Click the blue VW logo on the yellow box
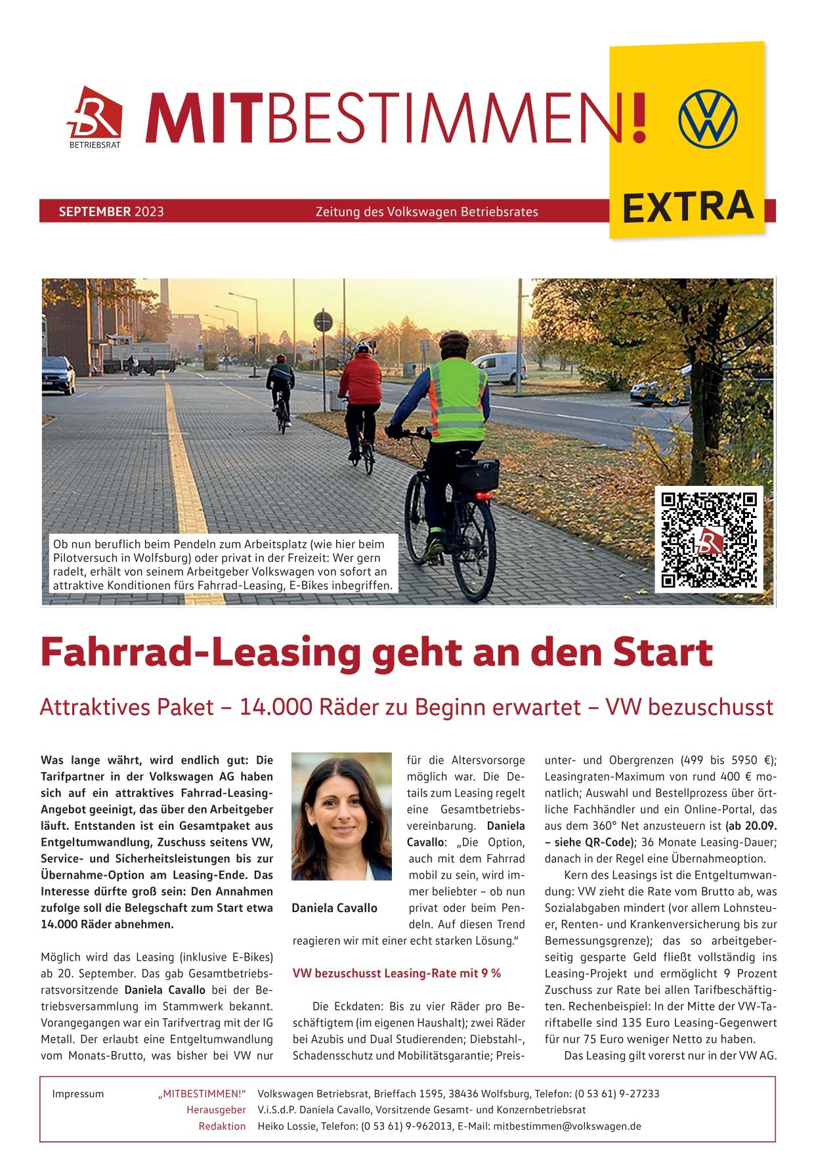708,119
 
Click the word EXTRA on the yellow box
687,206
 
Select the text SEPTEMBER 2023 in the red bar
111,212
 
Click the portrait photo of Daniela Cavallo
341,815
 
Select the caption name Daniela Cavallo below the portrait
335,908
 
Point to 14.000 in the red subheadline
276,707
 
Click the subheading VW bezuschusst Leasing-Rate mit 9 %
396,973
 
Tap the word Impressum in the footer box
77,1094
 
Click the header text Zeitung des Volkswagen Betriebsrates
427,212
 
